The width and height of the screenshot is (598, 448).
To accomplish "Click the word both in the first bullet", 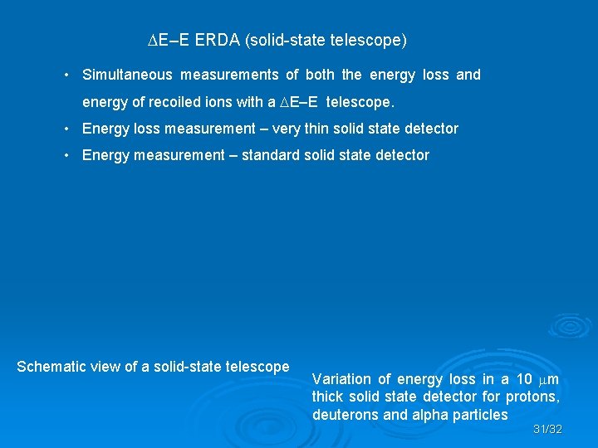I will tap(320, 75).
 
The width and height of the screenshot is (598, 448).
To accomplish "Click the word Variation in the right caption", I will tap(341, 379).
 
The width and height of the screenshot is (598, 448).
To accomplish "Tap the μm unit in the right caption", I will tap(548, 379).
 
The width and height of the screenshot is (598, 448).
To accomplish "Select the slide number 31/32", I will tap(547, 430).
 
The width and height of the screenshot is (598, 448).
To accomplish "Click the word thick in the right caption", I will tap(329, 397).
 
